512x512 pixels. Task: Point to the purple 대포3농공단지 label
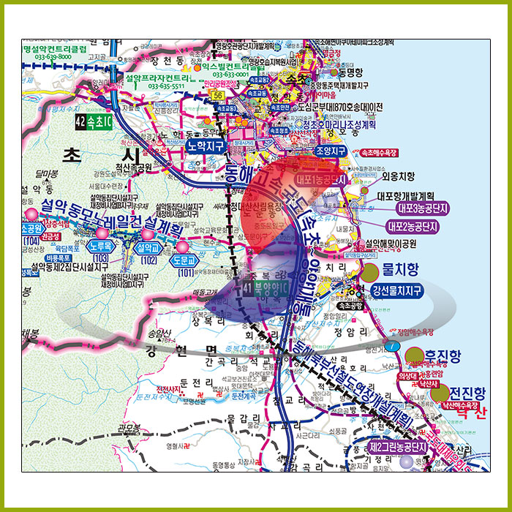pyautogui.click(x=418, y=208)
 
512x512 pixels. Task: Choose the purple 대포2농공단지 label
pyautogui.click(x=418, y=226)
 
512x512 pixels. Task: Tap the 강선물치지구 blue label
pyautogui.click(x=397, y=291)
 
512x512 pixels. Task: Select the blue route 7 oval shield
pyautogui.click(x=394, y=344)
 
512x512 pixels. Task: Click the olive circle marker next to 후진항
pyautogui.click(x=415, y=358)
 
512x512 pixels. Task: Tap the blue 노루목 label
pyautogui.click(x=102, y=248)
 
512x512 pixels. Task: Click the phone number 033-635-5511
pyautogui.click(x=165, y=86)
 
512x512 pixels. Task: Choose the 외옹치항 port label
pyautogui.click(x=398, y=176)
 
